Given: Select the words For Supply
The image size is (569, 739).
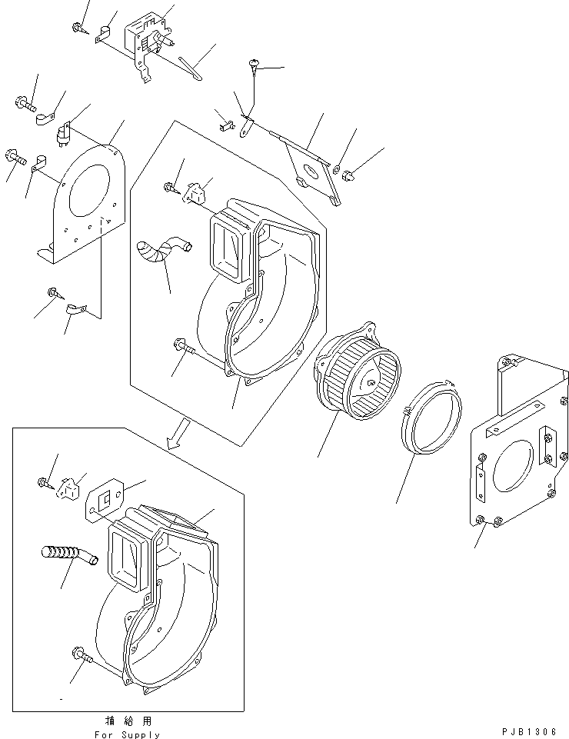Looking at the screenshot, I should tap(126, 734).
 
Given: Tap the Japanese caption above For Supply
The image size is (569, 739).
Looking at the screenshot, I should tap(126, 721).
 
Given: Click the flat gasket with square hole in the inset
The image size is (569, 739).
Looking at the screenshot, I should tap(108, 499).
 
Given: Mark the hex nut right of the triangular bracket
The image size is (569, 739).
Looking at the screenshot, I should tap(348, 176).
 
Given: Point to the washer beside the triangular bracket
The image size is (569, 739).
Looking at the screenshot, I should tap(337, 168).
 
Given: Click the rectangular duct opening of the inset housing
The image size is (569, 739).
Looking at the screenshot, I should tap(128, 559).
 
